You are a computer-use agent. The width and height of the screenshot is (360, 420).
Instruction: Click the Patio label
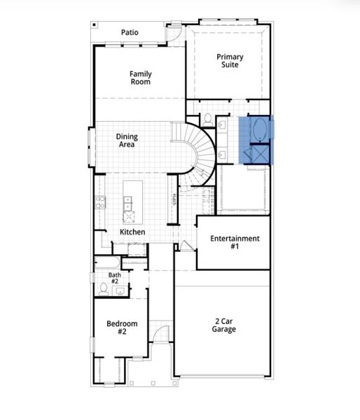[130, 32]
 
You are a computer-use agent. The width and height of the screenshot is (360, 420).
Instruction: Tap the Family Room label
[140, 78]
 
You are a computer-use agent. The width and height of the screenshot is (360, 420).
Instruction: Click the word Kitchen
[132, 232]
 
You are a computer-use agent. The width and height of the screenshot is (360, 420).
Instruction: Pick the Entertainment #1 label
[235, 242]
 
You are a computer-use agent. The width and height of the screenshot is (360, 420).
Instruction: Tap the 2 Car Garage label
[224, 325]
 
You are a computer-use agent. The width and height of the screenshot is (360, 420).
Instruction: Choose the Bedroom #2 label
[121, 328]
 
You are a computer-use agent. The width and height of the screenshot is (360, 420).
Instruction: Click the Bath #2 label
[115, 278]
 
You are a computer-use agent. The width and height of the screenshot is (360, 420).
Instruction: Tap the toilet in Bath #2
[103, 288]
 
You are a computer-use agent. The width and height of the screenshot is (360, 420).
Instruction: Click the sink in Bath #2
[119, 290]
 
